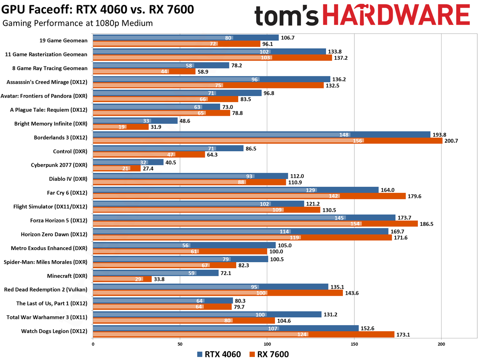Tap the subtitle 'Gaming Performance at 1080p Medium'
[78, 23]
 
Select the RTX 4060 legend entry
[219, 355]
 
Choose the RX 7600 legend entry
[269, 355]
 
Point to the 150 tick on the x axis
[354, 344]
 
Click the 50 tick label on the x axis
[180, 344]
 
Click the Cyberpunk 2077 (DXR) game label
[59, 165]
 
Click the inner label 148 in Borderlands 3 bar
[345, 134]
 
